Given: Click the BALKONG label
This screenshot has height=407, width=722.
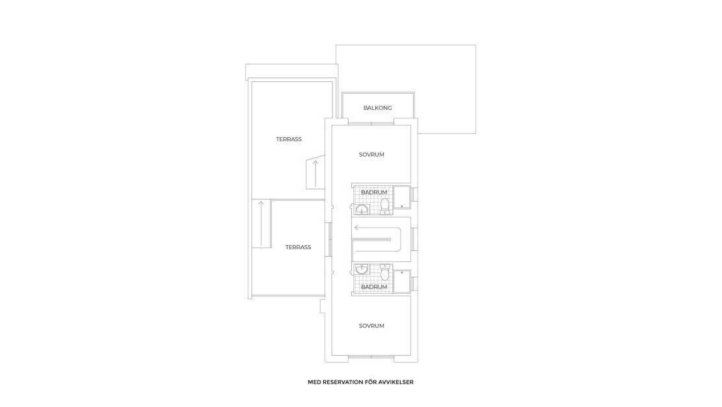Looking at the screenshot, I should tap(377, 108).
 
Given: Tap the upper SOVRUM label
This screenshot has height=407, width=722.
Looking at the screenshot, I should tap(371, 155).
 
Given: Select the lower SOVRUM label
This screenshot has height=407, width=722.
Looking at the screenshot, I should tap(371, 326).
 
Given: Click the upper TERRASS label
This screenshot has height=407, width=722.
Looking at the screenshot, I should tap(289, 139).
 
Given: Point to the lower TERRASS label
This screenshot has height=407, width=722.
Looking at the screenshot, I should tap(298, 247).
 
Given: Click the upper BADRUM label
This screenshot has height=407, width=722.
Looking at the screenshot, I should tap(374, 192).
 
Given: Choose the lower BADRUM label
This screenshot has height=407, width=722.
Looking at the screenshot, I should tap(374, 287).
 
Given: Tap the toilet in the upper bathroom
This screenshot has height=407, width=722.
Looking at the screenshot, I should tap(385, 205).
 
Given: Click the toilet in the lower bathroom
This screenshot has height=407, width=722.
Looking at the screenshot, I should tap(385, 270).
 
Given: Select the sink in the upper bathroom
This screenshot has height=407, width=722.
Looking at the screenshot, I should tap(362, 209).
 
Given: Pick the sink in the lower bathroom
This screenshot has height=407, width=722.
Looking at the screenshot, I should tap(362, 269).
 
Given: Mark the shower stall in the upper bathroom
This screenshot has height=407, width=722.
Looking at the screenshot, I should tap(402, 197).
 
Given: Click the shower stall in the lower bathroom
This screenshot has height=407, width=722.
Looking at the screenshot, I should tap(402, 281).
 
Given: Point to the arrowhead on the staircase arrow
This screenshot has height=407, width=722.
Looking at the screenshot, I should tap(357, 228).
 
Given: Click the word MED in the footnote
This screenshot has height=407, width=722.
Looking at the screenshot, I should tap(314, 382).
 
